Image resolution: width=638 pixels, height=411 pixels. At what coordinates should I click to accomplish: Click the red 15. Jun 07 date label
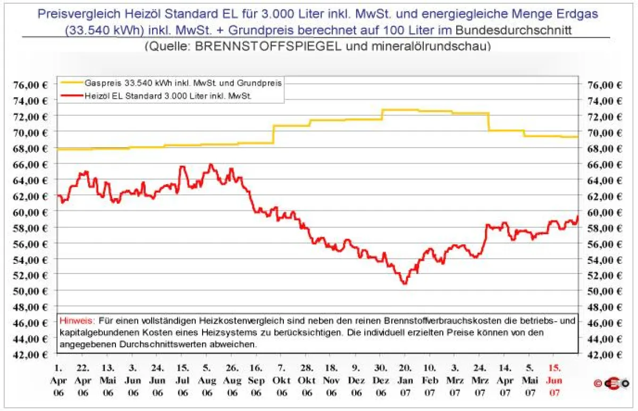coord(554,380)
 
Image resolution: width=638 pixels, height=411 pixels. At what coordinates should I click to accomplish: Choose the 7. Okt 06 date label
coord(282,380)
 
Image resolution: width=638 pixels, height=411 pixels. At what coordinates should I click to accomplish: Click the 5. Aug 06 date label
coord(207,380)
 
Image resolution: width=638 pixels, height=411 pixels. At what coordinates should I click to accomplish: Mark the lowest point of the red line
coord(405,283)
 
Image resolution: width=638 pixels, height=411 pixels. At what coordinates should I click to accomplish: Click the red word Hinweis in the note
coord(77,321)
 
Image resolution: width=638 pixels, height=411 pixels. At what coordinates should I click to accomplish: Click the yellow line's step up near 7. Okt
coord(273,134)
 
